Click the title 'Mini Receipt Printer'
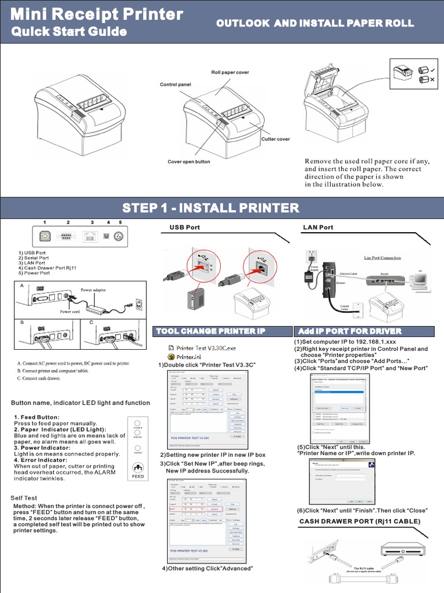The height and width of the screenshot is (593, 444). point(97,14)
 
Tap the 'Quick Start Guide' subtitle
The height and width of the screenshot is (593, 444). point(69,31)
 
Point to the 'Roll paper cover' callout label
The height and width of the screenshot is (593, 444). point(230,72)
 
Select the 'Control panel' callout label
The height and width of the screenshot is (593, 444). point(175,85)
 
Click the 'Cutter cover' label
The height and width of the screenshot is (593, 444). point(276,139)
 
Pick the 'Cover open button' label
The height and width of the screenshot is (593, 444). point(189,162)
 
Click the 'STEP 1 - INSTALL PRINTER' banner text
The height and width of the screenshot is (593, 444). point(210,208)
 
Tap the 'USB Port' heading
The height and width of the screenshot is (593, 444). point(184,228)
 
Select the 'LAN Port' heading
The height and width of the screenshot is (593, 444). point(318,228)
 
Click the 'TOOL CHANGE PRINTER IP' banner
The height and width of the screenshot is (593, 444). point(222,331)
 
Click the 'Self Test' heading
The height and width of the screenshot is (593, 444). point(24,497)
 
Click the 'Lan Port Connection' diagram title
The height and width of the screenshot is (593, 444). point(382,258)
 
